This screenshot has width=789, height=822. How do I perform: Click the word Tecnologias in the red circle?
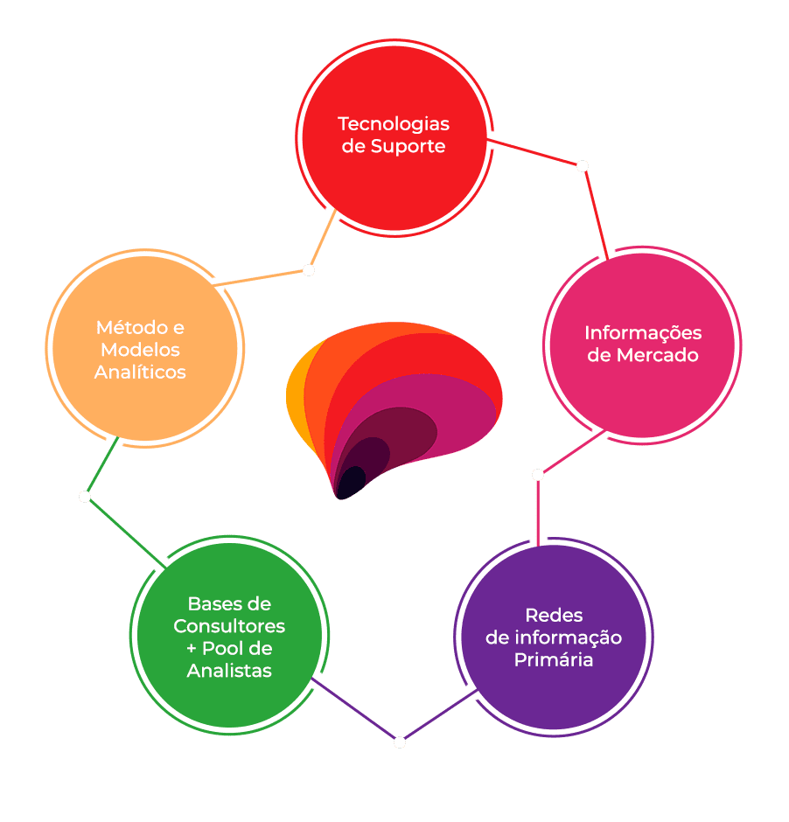coord(394,124)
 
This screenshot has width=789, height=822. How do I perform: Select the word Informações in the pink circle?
coord(643,333)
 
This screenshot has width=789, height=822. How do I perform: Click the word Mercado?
coord(658,355)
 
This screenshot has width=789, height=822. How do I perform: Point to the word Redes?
coord(554,615)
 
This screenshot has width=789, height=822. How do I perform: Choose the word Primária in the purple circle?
coord(553,659)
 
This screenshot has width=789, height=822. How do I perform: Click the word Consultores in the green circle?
coord(229,626)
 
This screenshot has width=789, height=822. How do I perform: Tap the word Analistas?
coord(229,671)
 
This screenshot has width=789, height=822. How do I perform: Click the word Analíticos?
coord(140,372)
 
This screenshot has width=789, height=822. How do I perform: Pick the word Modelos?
coord(140,350)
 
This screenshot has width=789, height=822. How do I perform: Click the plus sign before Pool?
coord(192,649)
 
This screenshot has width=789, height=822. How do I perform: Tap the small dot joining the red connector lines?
coord(583,166)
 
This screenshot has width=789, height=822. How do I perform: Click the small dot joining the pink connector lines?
coord(537,475)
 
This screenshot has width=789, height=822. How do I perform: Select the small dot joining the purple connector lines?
coord(400,742)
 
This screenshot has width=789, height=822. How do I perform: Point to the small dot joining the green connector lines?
coord(85,497)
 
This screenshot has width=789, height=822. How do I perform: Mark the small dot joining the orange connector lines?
coord(309,270)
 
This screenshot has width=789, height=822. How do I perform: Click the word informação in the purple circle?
coord(568,637)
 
